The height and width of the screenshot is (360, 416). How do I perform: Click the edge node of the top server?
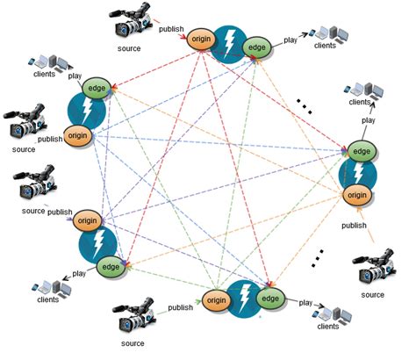pos(256,47)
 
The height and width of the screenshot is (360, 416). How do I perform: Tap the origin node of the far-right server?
pos(356,195)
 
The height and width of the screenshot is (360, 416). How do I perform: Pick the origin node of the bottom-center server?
pos(216,301)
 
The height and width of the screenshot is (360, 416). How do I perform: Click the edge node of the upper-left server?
pos(96,88)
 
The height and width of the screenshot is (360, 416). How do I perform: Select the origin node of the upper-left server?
pos(79,137)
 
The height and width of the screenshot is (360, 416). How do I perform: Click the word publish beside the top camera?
pos(170,30)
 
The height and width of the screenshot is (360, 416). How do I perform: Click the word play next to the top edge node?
pos(290,40)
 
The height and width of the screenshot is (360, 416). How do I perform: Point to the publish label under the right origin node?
pos(354,226)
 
